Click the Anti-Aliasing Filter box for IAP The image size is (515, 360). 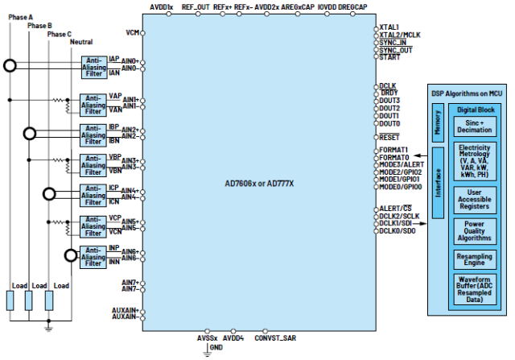[93, 67]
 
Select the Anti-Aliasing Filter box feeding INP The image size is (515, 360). [93, 254]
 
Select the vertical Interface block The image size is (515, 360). [438, 183]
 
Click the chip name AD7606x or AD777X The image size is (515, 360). [259, 182]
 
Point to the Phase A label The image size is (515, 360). [19, 17]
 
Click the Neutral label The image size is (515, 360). [81, 42]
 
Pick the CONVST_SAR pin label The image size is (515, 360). [276, 338]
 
